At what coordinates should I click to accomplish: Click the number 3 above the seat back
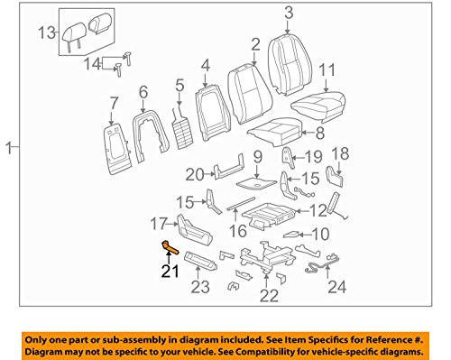tap(289, 12)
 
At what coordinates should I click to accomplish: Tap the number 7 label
tap(114, 101)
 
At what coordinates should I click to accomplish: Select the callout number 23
tap(200, 288)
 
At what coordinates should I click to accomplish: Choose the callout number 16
tap(238, 230)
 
